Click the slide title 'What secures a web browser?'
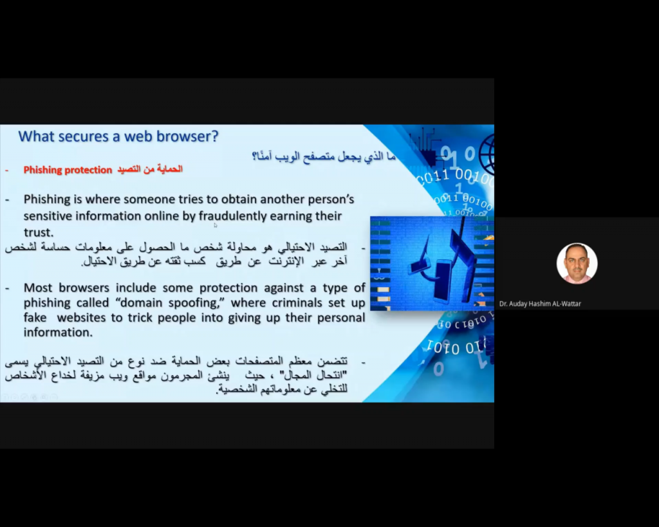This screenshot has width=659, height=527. [118, 136]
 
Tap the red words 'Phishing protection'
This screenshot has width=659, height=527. [68, 170]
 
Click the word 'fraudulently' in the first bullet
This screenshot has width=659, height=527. [233, 216]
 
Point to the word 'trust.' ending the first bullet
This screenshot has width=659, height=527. [38, 232]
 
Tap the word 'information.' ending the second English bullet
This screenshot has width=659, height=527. [58, 332]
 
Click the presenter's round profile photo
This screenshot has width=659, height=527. [577, 264]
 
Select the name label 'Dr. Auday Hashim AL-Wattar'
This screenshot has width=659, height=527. [540, 304]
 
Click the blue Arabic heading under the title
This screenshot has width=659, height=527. [324, 156]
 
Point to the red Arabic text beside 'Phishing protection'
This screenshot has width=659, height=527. [149, 169]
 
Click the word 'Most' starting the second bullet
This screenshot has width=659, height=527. [37, 288]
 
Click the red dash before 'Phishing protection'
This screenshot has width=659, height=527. [6, 171]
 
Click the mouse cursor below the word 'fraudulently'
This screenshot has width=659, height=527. [215, 225]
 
